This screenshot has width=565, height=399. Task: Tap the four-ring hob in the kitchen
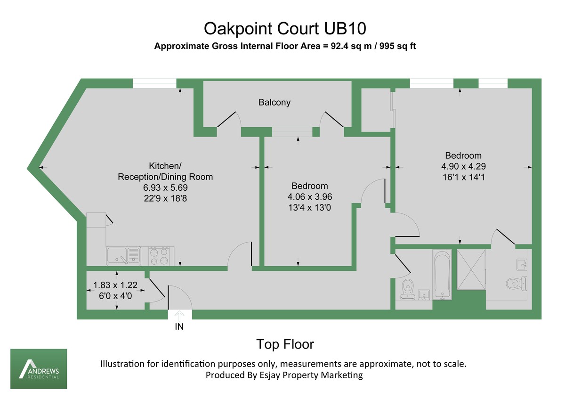159,256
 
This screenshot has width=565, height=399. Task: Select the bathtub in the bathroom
442,275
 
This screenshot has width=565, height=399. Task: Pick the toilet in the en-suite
516,283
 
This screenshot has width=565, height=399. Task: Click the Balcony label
274,102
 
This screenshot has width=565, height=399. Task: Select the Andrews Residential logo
39,369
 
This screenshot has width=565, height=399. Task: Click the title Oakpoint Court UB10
284,29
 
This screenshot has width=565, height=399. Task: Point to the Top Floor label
284,344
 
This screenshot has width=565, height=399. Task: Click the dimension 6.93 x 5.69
165,187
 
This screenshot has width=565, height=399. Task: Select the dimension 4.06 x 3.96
309,196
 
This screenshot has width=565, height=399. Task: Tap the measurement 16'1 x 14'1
463,177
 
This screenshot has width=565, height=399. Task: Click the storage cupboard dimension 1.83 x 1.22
115,285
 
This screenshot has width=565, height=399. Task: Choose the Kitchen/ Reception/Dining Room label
165,171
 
